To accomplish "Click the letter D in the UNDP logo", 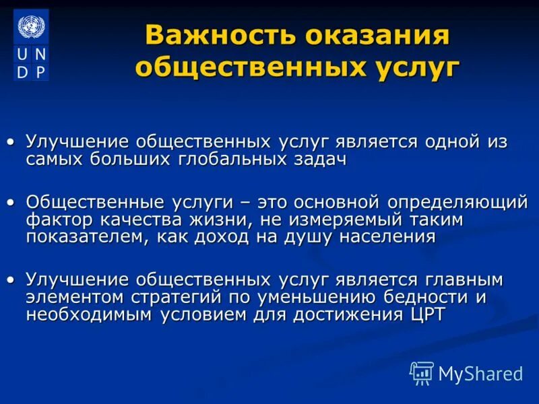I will (x=23, y=70).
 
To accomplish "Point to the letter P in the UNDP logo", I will (x=40, y=70).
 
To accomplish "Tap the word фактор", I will (x=57, y=220).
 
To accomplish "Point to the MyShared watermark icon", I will (x=422, y=372).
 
